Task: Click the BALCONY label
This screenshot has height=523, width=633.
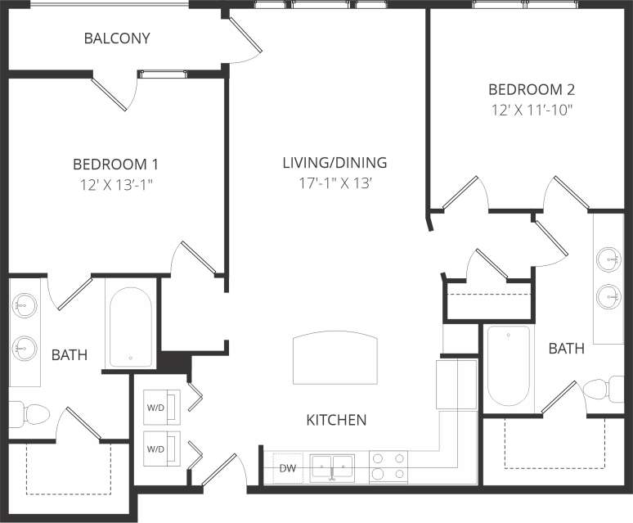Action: pyautogui.click(x=117, y=38)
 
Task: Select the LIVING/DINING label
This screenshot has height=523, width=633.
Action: pyautogui.click(x=334, y=162)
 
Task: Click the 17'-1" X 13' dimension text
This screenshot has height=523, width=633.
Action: pyautogui.click(x=334, y=184)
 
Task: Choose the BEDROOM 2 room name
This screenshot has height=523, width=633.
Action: pyautogui.click(x=526, y=89)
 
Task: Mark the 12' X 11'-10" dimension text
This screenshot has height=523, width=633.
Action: pyautogui.click(x=526, y=110)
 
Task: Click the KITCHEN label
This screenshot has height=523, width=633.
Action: pyautogui.click(x=336, y=421)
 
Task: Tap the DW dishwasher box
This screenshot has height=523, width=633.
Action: pyautogui.click(x=287, y=468)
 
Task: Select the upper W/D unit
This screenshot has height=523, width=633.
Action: pyautogui.click(x=155, y=405)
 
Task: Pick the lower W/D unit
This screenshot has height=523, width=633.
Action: pyautogui.click(x=155, y=449)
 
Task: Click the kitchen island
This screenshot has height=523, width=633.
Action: pyautogui.click(x=336, y=358)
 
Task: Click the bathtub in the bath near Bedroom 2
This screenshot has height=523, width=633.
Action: pyautogui.click(x=508, y=366)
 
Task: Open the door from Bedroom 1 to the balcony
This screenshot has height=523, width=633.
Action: pyautogui.click(x=111, y=92)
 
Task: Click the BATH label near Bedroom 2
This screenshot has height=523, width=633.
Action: pyautogui.click(x=566, y=349)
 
